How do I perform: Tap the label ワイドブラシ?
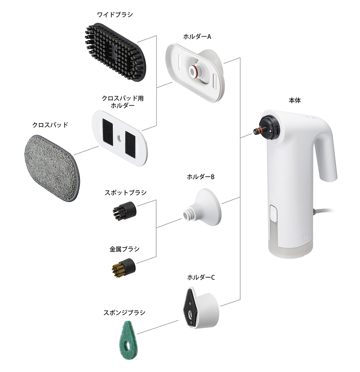point(115,15)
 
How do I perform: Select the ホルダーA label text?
point(197,37)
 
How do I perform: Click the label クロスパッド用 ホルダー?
point(123,102)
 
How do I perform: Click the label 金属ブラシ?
point(124,249)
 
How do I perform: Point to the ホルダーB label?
point(200,177)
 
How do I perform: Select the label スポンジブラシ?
point(124,313)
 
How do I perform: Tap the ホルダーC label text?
point(201,278)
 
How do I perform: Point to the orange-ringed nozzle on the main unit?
point(257,132)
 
